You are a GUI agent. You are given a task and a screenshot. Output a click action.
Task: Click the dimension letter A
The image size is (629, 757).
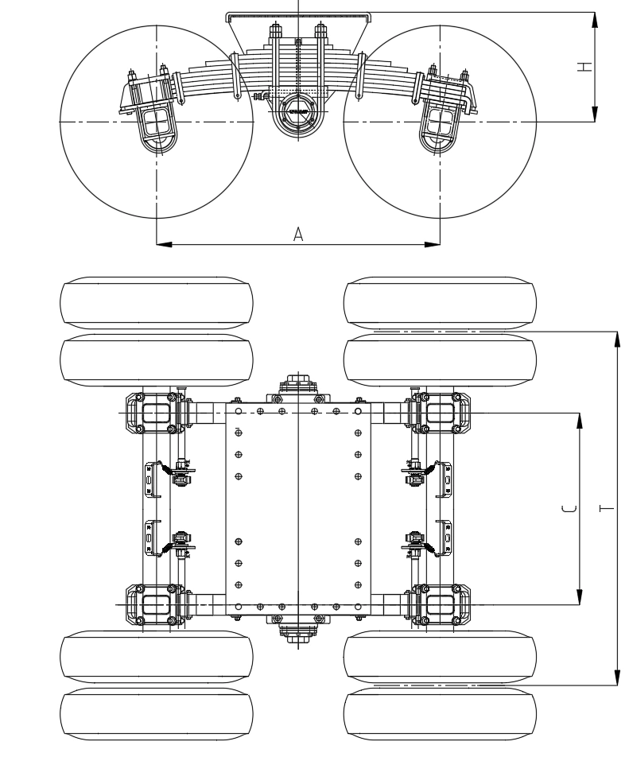298,235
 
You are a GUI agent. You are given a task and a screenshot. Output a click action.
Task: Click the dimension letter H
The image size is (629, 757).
585,66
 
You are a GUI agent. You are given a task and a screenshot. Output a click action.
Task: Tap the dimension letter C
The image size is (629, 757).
569,509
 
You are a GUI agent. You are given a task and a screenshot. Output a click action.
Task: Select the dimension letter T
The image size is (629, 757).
607,508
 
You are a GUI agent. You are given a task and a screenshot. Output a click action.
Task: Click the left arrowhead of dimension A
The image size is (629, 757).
164,244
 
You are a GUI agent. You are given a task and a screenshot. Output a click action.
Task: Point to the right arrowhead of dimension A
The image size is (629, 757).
433,244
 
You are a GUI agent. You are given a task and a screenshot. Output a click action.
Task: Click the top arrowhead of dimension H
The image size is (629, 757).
595,21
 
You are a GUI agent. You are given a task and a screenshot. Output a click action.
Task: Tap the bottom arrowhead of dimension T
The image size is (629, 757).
617,677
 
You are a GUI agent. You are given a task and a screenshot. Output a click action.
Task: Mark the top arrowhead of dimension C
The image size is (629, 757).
580,421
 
